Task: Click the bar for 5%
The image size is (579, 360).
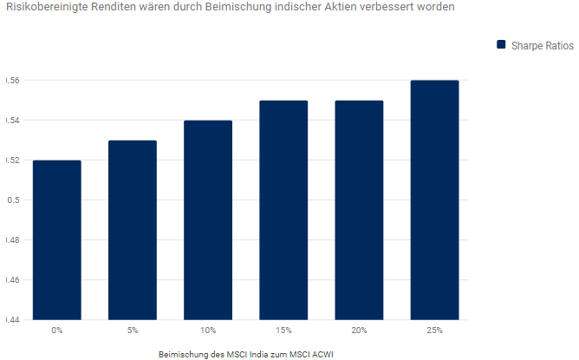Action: click(133, 230)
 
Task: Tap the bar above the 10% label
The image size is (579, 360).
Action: click(208, 220)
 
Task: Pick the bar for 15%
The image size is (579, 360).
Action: click(283, 210)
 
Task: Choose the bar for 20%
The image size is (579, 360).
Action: click(359, 210)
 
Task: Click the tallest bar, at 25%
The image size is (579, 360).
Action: click(434, 200)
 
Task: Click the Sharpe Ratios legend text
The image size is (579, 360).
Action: click(541, 44)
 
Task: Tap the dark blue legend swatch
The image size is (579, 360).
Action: click(500, 44)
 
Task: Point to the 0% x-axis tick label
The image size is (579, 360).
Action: click(57, 331)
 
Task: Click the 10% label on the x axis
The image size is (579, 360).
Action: click(208, 331)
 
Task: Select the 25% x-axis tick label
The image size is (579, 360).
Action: click(434, 331)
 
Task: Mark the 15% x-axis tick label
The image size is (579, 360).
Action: click(283, 331)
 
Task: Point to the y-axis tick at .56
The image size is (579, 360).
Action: click(12, 81)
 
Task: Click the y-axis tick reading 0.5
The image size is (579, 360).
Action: click(12, 200)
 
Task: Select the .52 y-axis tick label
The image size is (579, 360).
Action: click(12, 160)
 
